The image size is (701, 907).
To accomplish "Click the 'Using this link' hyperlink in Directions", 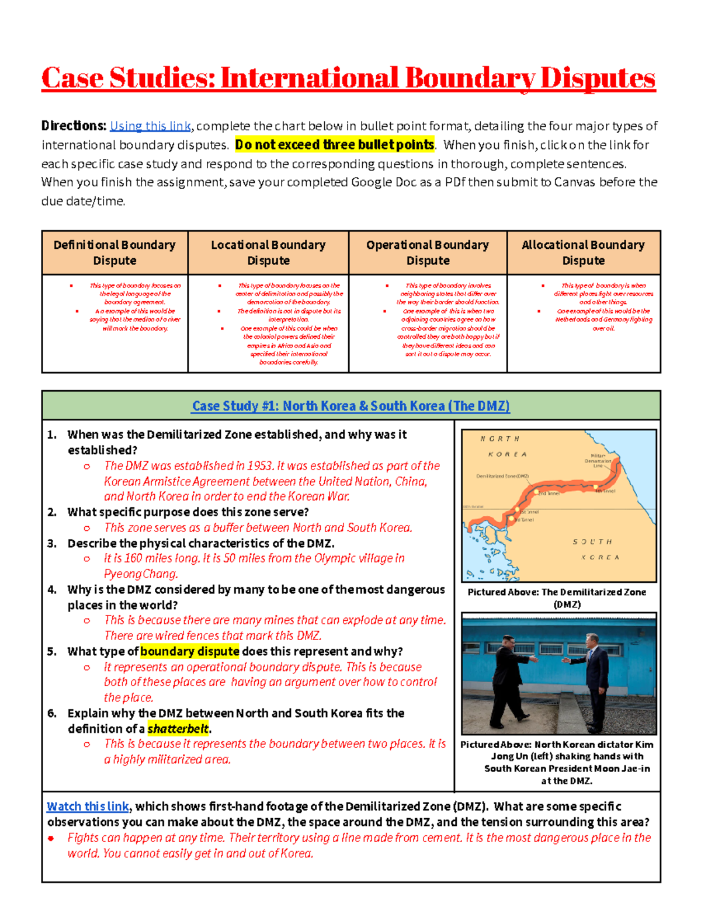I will pyautogui.click(x=150, y=126).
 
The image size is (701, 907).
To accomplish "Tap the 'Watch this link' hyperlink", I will pyautogui.click(x=88, y=807).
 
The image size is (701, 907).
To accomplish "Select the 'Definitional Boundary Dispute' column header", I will pyautogui.click(x=114, y=252).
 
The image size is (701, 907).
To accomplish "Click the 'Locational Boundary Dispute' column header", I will pyautogui.click(x=268, y=252).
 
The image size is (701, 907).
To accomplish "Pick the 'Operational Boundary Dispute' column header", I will pyautogui.click(x=428, y=252).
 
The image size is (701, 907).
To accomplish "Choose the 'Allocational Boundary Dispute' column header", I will pyautogui.click(x=583, y=252).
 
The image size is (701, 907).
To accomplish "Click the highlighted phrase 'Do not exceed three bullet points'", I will pyautogui.click(x=335, y=145).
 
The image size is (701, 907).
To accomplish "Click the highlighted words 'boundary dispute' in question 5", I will pyautogui.click(x=189, y=651).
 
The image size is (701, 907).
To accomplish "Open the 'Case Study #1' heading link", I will pyautogui.click(x=350, y=406).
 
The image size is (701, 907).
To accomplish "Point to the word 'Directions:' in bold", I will pyautogui.click(x=74, y=126).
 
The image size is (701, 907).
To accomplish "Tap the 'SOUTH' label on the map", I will pyautogui.click(x=592, y=542).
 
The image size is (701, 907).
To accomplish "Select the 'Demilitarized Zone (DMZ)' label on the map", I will pyautogui.click(x=502, y=476).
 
